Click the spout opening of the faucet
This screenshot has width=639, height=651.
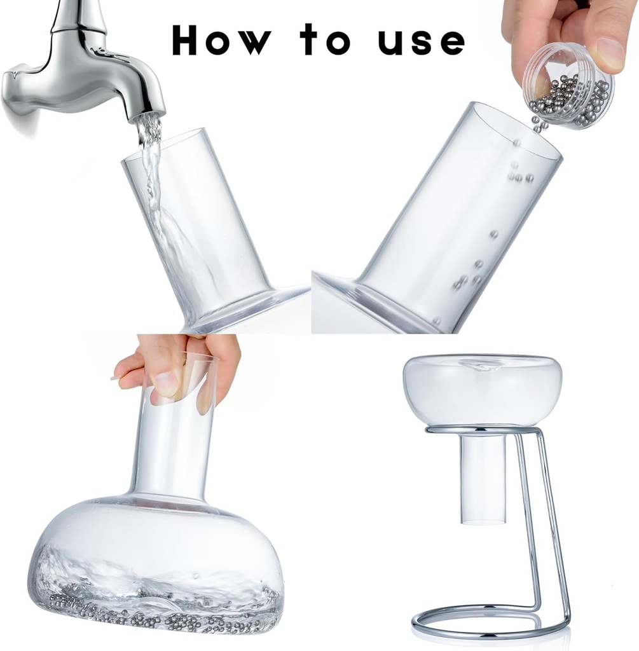pyautogui.click(x=148, y=116)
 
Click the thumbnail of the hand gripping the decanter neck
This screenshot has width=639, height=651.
pyautogui.click(x=166, y=383)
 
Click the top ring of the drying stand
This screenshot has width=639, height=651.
pyautogui.click(x=483, y=430)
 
